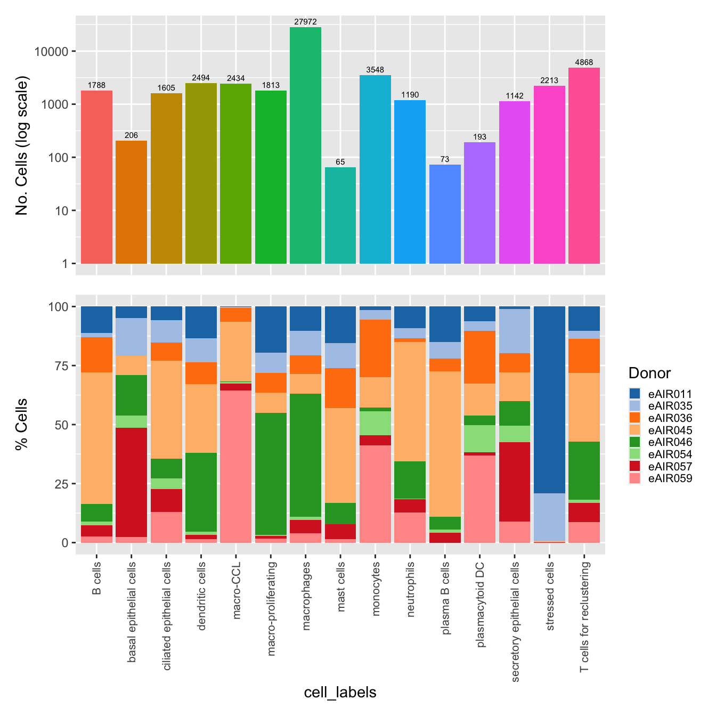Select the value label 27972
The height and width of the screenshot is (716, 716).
[x=305, y=22]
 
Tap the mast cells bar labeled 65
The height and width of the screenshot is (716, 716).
[x=340, y=215]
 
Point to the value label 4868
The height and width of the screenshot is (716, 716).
[x=584, y=62]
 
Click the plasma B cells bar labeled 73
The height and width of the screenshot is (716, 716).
[x=445, y=214]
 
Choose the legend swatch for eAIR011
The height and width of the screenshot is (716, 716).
[x=634, y=394]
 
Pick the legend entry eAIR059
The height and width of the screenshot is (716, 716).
[x=670, y=478]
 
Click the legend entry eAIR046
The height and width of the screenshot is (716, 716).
[x=670, y=442]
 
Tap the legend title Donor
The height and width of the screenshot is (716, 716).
[x=649, y=373]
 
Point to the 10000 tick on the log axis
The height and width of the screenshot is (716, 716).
[x=54, y=52]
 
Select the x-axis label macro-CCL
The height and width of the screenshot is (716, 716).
[x=237, y=590]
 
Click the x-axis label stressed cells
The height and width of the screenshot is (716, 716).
[x=550, y=596]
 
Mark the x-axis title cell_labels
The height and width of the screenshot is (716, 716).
[x=340, y=692]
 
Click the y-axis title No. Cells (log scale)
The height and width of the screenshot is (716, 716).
[x=22, y=145]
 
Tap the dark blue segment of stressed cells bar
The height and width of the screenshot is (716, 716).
[x=549, y=400]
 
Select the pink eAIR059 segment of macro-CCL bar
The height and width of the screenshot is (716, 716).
[x=235, y=466]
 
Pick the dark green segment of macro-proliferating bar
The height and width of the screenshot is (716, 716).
[x=271, y=474]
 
